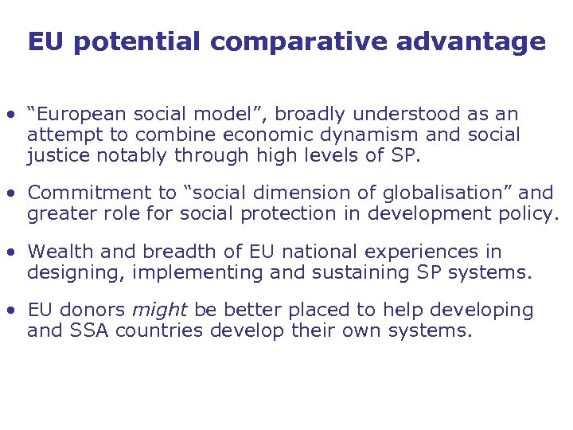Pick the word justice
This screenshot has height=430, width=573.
pyautogui.click(x=57, y=155)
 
